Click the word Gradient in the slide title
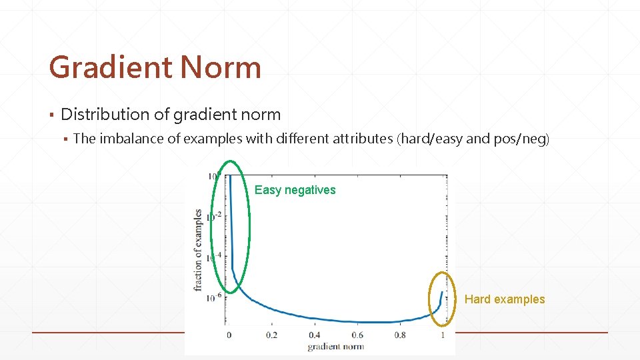(x=110, y=67)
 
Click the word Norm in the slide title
(x=220, y=67)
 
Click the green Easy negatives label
(x=295, y=190)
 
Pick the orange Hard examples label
(x=505, y=299)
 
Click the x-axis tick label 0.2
(x=271, y=335)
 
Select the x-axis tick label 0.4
(x=314, y=335)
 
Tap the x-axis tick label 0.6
(x=357, y=335)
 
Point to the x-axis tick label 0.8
(x=399, y=335)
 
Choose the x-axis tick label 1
(x=443, y=335)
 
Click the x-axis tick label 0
(x=229, y=335)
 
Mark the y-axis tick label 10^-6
(x=215, y=297)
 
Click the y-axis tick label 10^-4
(x=215, y=257)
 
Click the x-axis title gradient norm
(x=335, y=347)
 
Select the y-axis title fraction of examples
(x=198, y=250)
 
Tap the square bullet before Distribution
(x=52, y=115)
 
